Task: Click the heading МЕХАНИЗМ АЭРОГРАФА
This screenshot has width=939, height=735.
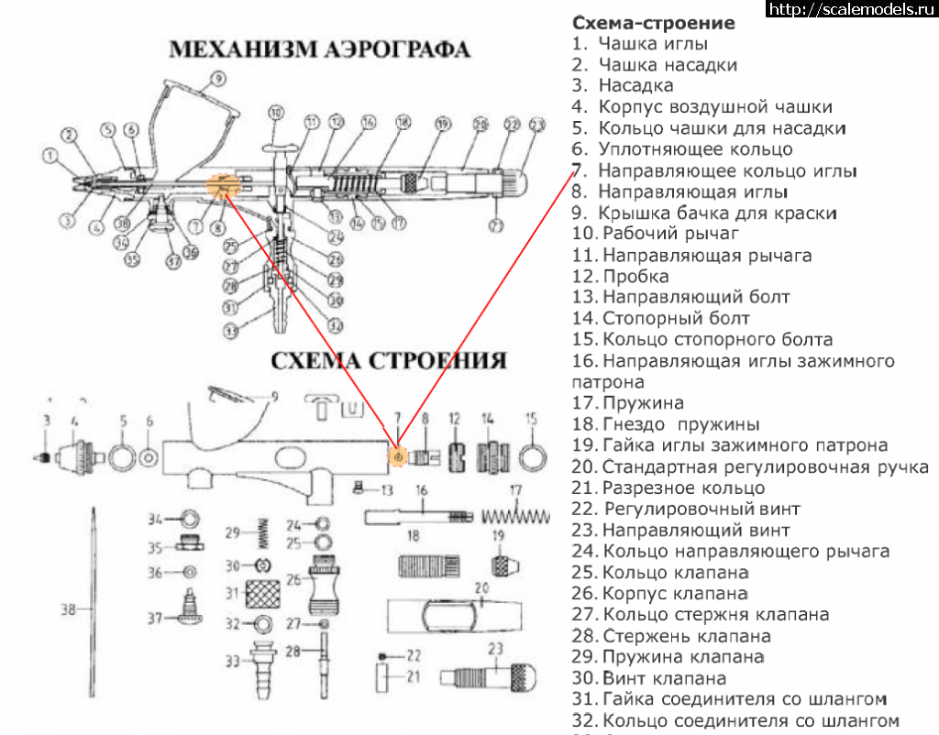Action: pyautogui.click(x=320, y=48)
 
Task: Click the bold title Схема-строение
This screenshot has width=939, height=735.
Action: pyautogui.click(x=653, y=22)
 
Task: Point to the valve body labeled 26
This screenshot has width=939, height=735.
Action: pyautogui.click(x=326, y=584)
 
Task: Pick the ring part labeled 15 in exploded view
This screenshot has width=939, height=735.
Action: pyautogui.click(x=531, y=455)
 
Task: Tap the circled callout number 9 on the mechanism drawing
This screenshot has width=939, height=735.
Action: pyautogui.click(x=217, y=79)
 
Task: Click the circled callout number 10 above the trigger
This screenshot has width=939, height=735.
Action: pyautogui.click(x=276, y=114)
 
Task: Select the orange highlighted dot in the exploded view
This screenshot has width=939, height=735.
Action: pyautogui.click(x=398, y=455)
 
